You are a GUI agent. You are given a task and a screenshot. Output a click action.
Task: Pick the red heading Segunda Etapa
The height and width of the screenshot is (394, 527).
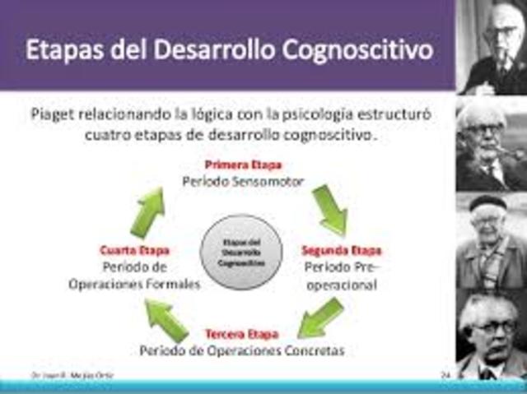[x=341, y=251]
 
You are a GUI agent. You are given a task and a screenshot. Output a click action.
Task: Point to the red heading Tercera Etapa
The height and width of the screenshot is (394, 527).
[x=240, y=334]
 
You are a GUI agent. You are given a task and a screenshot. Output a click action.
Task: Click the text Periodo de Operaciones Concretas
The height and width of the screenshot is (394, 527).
[x=241, y=350]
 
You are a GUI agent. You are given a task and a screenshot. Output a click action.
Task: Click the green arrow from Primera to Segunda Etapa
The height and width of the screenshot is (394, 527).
[x=329, y=210]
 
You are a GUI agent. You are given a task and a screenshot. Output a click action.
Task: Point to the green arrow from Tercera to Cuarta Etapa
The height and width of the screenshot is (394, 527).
[x=167, y=319]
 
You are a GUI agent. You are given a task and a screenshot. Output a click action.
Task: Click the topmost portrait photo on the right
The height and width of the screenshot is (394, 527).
[x=492, y=47]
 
